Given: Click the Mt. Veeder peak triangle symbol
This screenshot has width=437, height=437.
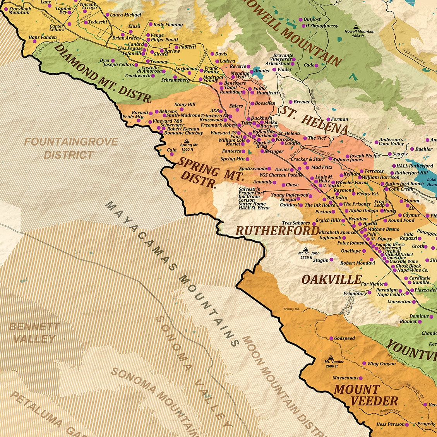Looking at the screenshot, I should [331, 357].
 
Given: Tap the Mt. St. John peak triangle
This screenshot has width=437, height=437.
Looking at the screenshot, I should [305, 248].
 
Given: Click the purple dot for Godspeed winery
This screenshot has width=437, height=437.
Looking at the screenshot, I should [331, 338].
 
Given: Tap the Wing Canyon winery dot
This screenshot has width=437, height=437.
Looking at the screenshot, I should [364, 363].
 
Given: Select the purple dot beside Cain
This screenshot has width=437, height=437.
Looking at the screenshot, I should [171, 154].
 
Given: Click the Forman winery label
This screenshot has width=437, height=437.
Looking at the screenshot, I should [339, 119].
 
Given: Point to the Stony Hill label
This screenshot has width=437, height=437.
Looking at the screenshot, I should [185, 105].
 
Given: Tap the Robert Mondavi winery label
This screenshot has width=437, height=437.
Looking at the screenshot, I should [357, 263].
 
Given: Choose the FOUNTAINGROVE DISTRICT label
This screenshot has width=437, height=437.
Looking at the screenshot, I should [71, 148].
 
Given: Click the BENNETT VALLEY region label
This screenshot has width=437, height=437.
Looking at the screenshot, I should [34, 332].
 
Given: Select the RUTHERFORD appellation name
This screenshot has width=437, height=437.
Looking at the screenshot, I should [278, 231].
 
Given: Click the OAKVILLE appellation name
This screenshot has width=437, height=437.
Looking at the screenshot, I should [331, 279].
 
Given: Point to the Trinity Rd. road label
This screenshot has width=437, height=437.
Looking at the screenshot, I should [291, 309].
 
